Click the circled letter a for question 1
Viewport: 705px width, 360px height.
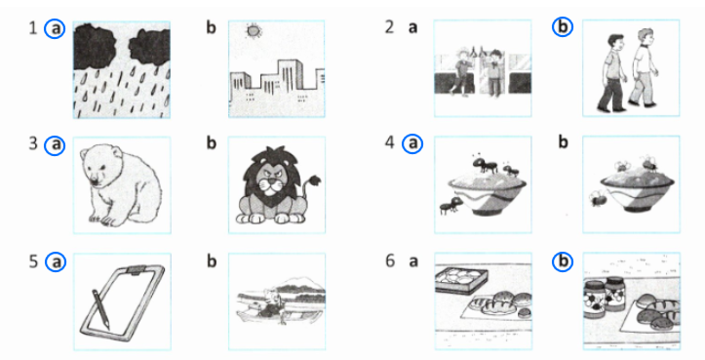tap(55, 29)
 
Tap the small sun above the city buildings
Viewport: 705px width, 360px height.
tap(254, 30)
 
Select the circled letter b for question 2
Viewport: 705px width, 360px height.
tap(562, 27)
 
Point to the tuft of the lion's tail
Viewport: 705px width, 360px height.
tap(316, 180)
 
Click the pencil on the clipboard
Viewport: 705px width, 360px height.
tap(100, 308)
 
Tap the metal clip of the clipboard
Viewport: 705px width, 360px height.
tap(134, 270)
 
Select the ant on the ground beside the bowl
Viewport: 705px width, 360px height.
tap(450, 206)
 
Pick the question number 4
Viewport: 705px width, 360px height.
tap(389, 142)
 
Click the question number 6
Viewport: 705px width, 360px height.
tap(389, 260)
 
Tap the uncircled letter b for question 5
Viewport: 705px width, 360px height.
tap(212, 260)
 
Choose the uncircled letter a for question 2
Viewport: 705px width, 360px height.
tap(412, 28)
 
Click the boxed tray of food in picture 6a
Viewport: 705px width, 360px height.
tap(462, 279)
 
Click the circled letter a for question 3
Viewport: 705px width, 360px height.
tap(55, 145)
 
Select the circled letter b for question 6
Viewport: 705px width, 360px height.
tap(562, 261)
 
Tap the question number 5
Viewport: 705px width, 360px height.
tap(33, 261)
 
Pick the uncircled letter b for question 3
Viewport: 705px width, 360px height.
tap(212, 142)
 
